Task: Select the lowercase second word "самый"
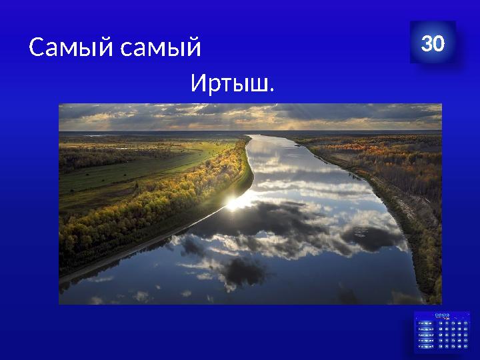pyautogui.click(x=161, y=48)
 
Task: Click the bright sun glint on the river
pyautogui.click(x=233, y=203)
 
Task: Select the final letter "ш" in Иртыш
pyautogui.click(x=259, y=85)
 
